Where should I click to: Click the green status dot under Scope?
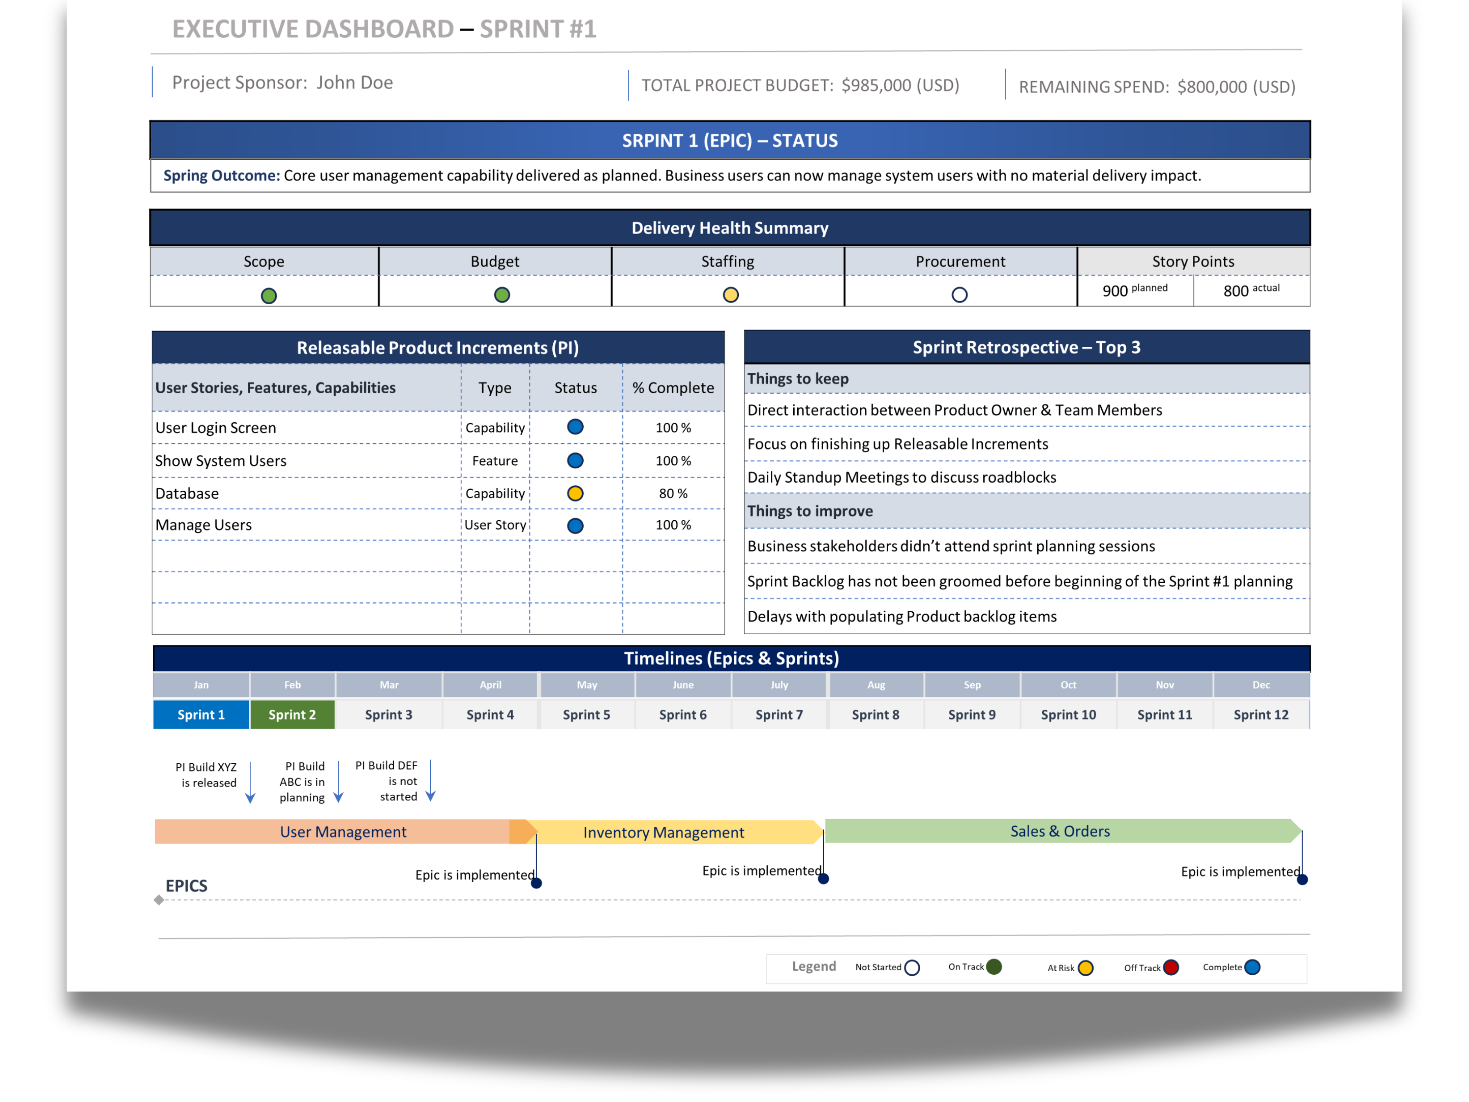[268, 296]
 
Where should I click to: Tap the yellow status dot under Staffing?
[731, 294]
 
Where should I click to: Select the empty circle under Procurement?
[959, 294]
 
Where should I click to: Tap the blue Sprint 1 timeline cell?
[201, 715]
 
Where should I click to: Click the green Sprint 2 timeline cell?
[292, 715]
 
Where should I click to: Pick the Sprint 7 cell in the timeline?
[779, 715]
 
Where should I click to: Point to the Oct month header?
[1068, 685]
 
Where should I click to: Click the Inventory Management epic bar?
[664, 832]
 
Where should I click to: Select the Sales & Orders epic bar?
[1060, 831]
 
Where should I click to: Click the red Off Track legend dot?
[1171, 967]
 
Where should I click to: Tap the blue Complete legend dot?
[1253, 967]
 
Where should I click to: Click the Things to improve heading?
[810, 511]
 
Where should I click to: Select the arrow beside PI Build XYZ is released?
[250, 783]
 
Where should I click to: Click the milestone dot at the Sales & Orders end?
[1303, 880]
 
